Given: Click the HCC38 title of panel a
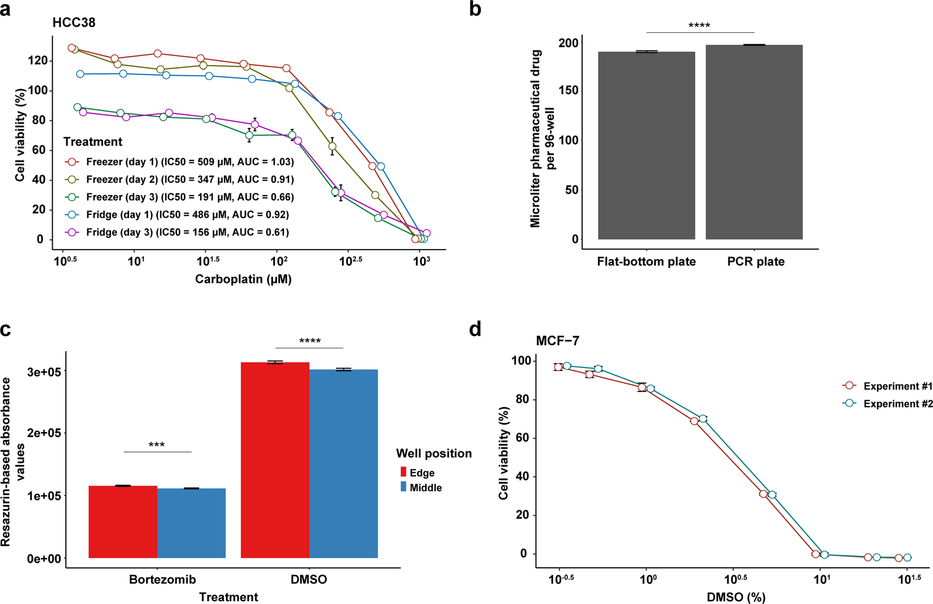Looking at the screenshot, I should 74,23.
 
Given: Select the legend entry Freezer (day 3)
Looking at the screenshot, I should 190,197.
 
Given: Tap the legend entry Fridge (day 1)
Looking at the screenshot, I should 187,215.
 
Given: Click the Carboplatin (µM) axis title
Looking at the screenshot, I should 243,279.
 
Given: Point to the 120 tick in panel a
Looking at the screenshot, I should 40,61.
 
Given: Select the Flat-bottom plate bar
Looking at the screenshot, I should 646,145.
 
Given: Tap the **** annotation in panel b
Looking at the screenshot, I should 699,26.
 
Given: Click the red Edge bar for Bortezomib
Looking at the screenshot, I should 123,522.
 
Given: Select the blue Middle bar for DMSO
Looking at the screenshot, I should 343,463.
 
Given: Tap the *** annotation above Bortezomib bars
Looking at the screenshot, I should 156,445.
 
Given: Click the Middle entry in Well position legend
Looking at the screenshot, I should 425,488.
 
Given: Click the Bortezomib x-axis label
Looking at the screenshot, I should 162,580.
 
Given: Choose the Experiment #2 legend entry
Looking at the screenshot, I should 897,404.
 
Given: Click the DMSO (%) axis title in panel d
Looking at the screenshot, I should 736,597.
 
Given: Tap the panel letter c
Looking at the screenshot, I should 6,330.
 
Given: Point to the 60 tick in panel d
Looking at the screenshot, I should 521,438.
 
